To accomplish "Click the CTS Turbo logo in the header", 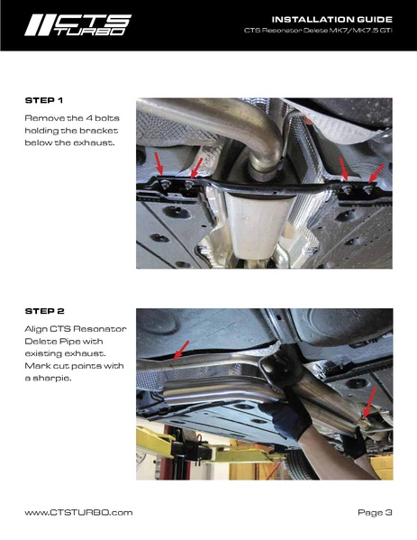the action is coord(78,25).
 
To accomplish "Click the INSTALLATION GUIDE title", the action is coord(332,19).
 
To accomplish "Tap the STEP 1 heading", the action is coord(44,101).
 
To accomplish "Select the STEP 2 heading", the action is coord(45,311).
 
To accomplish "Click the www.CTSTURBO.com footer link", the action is coord(78,512).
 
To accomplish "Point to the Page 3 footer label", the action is coord(375,513).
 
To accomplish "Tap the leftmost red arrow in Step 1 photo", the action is coord(159,163).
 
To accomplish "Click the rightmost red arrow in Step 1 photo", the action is coord(376,174).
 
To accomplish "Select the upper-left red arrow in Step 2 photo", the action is coord(181,351).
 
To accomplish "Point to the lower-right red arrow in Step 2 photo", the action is coord(370,402).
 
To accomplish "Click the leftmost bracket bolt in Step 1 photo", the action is coord(166,184).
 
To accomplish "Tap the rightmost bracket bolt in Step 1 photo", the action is coord(368,189).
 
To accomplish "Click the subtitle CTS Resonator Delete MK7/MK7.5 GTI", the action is coord(318,31).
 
